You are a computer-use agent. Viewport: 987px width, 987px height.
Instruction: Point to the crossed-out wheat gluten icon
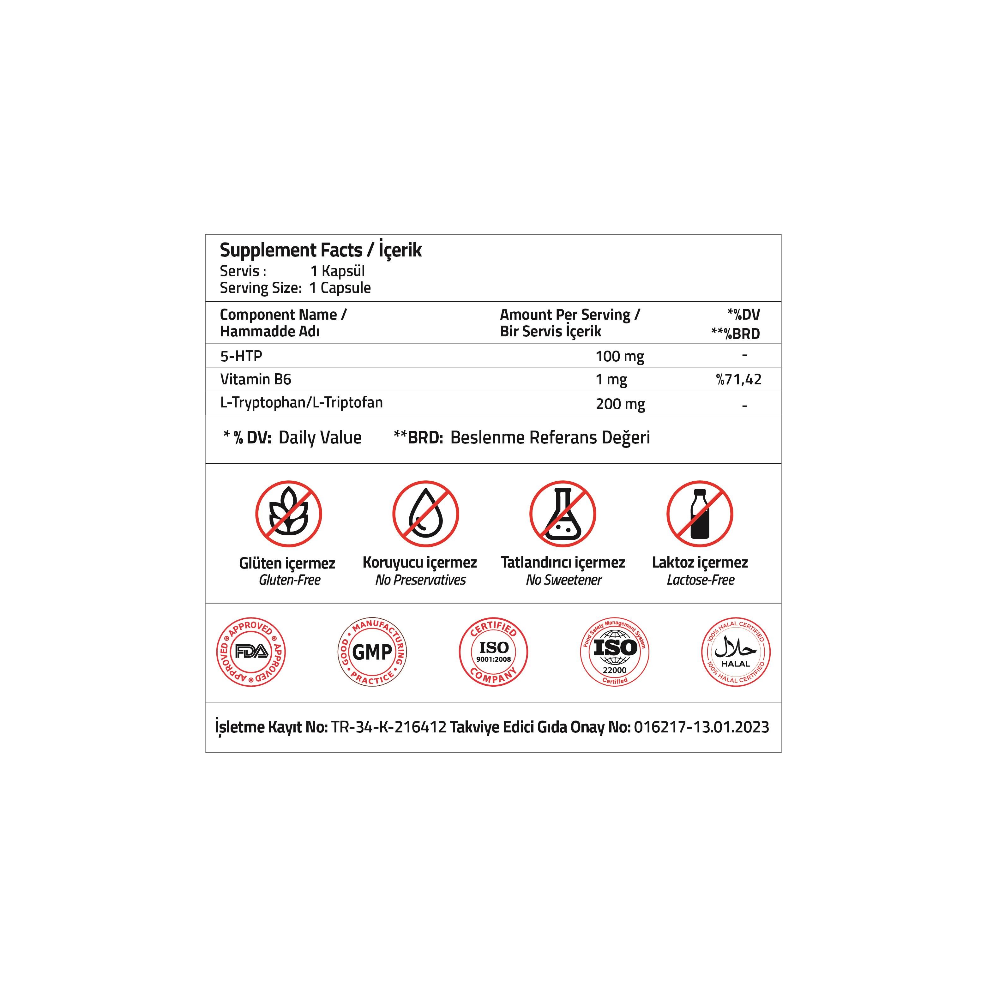(x=289, y=514)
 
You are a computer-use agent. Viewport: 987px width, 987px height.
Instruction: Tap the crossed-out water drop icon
(x=425, y=514)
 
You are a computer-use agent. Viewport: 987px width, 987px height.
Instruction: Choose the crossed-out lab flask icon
(x=563, y=514)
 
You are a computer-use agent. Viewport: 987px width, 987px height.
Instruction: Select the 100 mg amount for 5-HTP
(x=620, y=356)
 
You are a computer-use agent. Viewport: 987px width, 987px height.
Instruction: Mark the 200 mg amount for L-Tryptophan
(x=620, y=404)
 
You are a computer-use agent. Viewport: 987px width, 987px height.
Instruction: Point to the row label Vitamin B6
(x=256, y=379)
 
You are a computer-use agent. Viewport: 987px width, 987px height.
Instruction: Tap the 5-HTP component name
(x=241, y=356)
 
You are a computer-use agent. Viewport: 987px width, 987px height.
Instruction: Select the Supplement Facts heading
(x=291, y=250)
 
